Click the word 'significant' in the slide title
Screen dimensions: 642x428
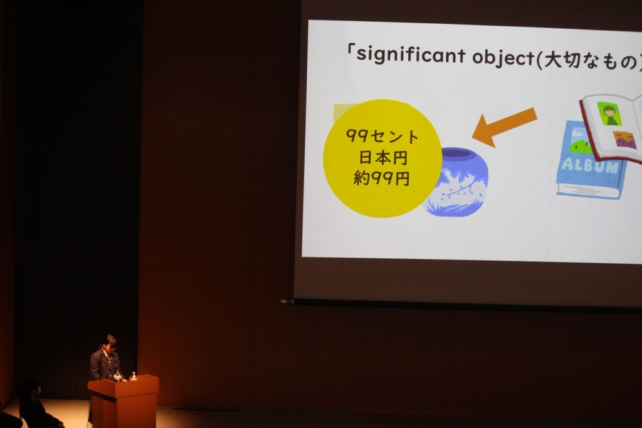[x=411, y=55]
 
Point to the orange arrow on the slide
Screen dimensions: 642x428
[x=505, y=127]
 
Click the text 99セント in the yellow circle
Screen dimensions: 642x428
[x=382, y=136]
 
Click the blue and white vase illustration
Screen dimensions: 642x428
[x=457, y=181]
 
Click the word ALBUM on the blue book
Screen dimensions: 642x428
[x=590, y=165]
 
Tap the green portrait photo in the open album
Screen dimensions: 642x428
[x=609, y=113]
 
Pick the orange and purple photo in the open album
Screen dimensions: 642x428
[x=625, y=140]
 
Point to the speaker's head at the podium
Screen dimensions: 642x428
[x=109, y=342]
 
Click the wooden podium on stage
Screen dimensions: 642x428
[x=124, y=401]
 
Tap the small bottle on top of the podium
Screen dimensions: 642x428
[x=133, y=376]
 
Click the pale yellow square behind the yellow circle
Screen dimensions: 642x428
[x=340, y=112]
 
